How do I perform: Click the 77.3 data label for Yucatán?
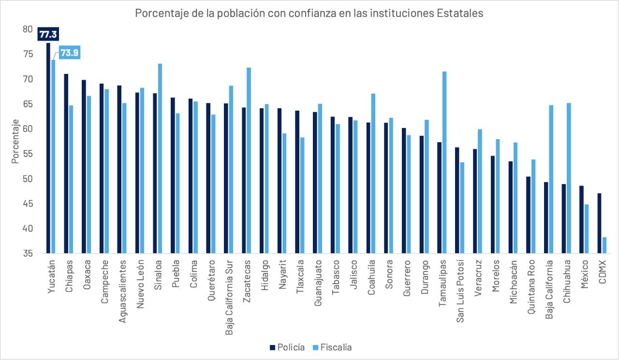48,35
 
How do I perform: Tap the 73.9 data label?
69,53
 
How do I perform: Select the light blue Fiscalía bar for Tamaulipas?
444,162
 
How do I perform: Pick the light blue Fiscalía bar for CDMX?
604,245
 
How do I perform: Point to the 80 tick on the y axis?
27,29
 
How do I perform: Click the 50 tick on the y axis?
27,179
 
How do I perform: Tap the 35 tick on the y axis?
27,254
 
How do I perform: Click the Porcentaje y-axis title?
15,141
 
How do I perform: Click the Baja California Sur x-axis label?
229,290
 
